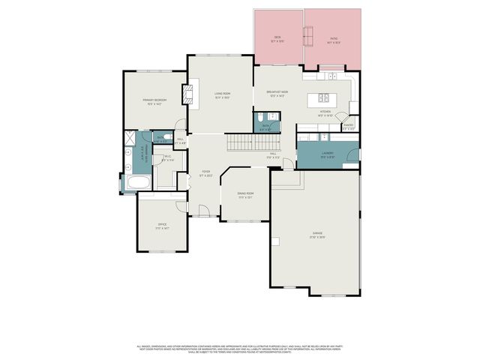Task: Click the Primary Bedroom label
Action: tap(156, 100)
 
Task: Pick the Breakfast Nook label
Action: tap(277, 93)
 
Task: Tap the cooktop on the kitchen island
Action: tap(324, 97)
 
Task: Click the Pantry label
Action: tap(349, 126)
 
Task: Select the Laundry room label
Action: tap(327, 154)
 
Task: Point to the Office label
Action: tap(161, 226)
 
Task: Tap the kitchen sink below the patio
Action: tap(331, 76)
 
